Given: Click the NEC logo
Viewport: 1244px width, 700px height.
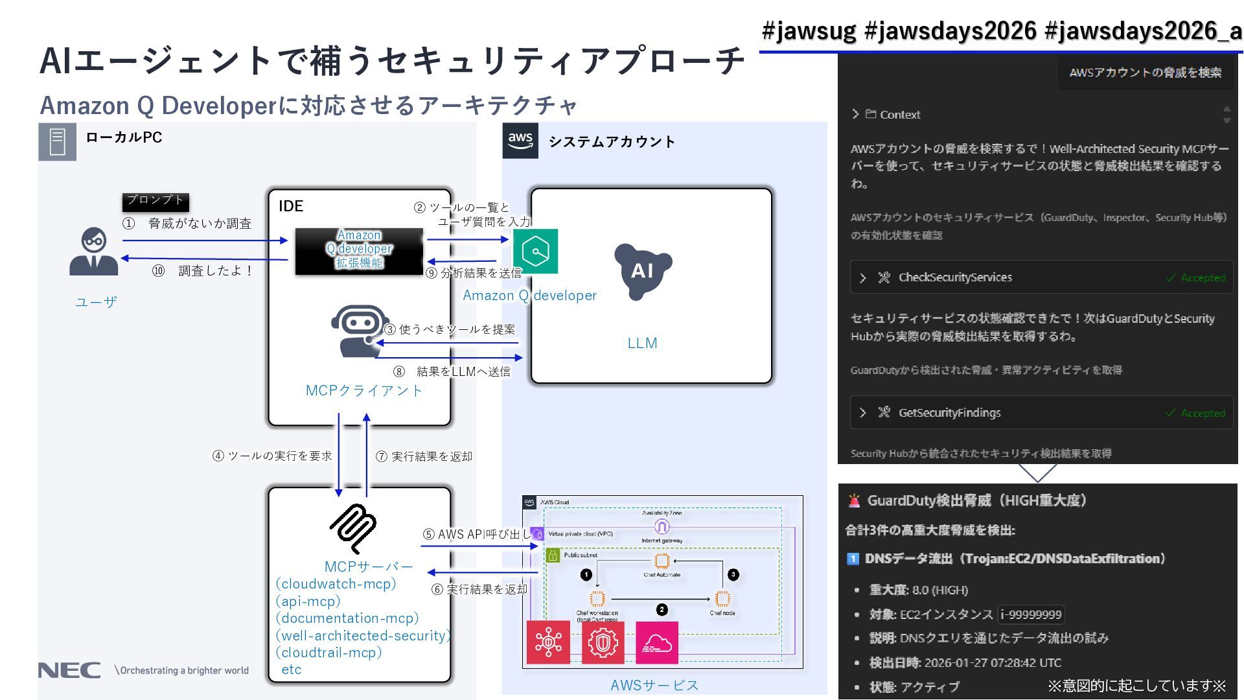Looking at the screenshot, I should (69, 670).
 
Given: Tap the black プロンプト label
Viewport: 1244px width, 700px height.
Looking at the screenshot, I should (155, 201).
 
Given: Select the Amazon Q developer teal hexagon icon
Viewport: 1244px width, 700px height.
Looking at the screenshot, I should (536, 251).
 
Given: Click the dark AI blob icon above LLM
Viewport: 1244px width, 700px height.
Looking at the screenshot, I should (642, 271).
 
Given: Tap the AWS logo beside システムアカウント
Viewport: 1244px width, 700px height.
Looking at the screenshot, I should (520, 141).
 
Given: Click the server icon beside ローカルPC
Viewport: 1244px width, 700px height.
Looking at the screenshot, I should (58, 141).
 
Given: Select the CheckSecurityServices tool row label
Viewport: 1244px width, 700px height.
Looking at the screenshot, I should (955, 277).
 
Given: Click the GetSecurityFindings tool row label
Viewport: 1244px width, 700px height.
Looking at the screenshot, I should (949, 413).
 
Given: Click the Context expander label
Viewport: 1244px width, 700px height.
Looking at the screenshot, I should (899, 115).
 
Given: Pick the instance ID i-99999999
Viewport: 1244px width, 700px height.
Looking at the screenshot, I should (1031, 614).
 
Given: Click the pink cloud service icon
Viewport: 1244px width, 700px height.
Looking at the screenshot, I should (657, 643).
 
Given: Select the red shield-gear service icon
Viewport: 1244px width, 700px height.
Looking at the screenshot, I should (603, 643).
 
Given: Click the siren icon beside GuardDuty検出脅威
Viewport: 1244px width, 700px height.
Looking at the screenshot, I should (855, 500).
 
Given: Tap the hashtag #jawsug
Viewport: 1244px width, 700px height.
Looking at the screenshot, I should (809, 30).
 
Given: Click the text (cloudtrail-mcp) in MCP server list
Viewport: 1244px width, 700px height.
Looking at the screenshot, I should (328, 653).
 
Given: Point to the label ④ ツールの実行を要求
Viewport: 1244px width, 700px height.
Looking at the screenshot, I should (272, 456).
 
